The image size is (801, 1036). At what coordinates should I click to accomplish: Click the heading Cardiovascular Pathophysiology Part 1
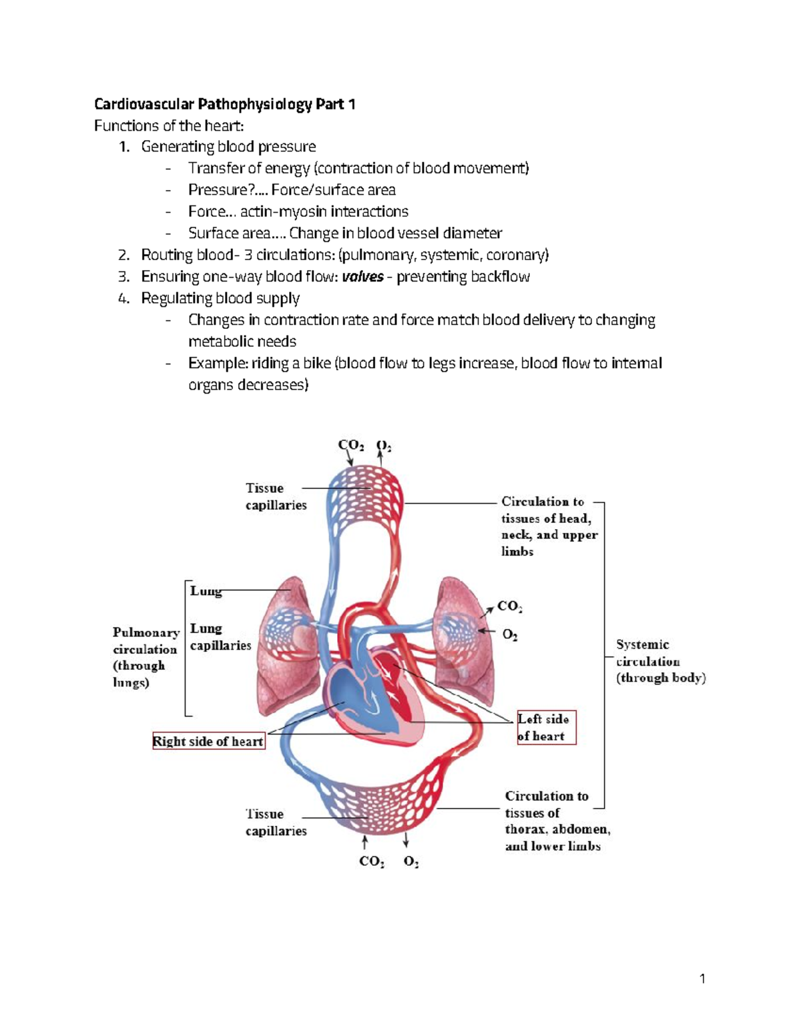[x=224, y=104]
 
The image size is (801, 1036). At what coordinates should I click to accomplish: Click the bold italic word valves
[x=362, y=277]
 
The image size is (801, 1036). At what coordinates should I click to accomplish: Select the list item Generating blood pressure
[x=228, y=147]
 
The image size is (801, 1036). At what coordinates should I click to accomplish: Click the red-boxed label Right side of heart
[x=208, y=741]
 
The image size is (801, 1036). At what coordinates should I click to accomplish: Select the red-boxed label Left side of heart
[x=546, y=727]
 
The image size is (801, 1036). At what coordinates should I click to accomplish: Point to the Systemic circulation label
[x=659, y=661]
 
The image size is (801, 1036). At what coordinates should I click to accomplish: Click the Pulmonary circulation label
[x=146, y=657]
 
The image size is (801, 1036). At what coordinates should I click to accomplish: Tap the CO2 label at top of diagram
[x=350, y=445]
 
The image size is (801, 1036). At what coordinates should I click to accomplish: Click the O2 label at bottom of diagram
[x=411, y=862]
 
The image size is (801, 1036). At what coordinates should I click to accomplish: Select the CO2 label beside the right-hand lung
[x=509, y=606]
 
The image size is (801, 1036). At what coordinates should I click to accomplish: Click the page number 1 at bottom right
[x=702, y=979]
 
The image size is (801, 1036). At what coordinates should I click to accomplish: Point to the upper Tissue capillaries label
[x=275, y=497]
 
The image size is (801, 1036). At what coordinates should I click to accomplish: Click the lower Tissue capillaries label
[x=275, y=823]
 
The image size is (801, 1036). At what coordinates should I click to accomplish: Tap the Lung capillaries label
[x=220, y=637]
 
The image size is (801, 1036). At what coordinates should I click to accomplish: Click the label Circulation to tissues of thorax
[x=557, y=821]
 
